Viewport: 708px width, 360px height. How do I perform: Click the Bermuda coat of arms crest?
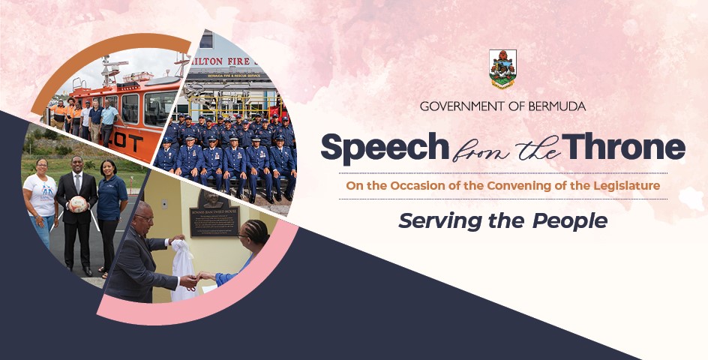pyautogui.click(x=502, y=69)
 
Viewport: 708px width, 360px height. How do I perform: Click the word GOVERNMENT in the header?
pyautogui.click(x=460, y=106)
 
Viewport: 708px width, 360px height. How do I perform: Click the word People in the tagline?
pyautogui.click(x=569, y=221)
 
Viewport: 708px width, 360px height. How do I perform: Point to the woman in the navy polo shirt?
pyautogui.click(x=111, y=206)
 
